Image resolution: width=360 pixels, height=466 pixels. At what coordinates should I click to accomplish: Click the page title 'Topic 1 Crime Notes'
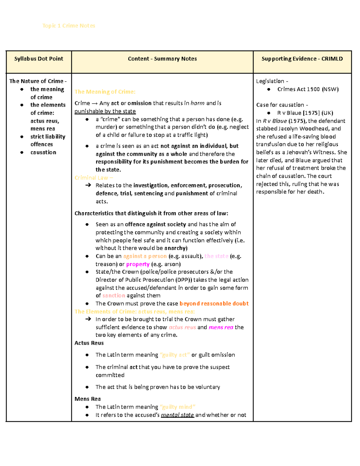point(69,26)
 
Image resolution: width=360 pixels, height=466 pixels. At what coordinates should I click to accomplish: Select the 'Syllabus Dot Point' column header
point(39,59)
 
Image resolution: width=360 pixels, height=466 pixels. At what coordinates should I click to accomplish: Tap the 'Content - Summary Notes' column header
point(162,59)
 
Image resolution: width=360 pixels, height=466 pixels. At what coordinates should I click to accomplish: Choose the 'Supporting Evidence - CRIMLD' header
point(302,59)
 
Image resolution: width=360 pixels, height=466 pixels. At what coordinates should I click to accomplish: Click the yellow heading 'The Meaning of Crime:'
point(105,92)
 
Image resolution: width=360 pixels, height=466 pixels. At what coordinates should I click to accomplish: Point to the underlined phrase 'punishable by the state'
point(105,111)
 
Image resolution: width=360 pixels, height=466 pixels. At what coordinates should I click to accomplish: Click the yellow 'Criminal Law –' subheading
point(94,178)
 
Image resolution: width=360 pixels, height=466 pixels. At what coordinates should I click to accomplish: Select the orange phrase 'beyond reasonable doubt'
point(214,304)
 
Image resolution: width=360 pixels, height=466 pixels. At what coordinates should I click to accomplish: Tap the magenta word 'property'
point(138,264)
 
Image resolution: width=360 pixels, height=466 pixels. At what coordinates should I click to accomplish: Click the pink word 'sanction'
point(114,296)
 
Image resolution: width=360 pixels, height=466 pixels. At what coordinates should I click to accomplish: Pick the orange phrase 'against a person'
point(145,256)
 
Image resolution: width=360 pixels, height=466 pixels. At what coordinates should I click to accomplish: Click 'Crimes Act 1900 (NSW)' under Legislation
point(308,89)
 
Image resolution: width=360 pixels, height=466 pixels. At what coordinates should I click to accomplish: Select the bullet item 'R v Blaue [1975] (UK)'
point(305,113)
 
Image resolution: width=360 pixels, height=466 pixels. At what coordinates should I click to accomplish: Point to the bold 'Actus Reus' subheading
point(89,343)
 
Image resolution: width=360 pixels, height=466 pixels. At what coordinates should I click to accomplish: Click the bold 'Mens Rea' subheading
point(88,399)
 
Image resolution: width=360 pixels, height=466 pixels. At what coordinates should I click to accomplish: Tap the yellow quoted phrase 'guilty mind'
point(178,407)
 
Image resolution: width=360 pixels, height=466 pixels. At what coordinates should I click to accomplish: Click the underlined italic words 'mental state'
point(177,415)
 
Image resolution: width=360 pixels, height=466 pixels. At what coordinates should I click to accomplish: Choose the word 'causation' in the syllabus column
point(43,152)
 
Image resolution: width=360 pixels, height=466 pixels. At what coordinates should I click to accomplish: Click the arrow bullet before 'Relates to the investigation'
point(88,185)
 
